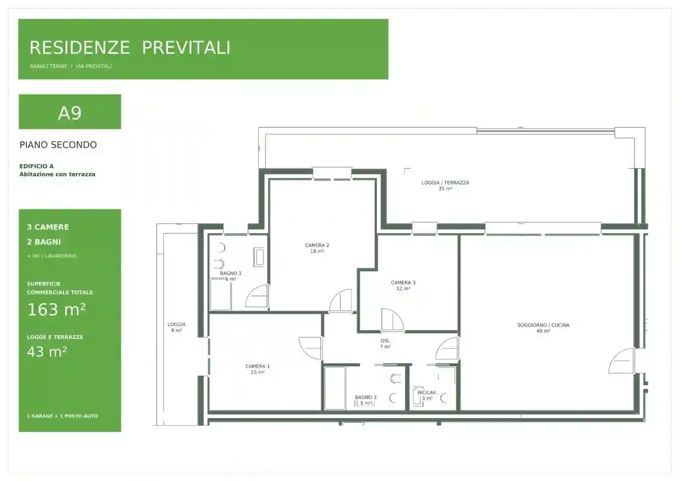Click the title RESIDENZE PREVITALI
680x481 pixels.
pyautogui.click(x=130, y=48)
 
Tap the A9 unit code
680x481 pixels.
pyautogui.click(x=70, y=113)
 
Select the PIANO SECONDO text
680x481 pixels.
pyautogui.click(x=58, y=145)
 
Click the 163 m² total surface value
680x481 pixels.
pyautogui.click(x=56, y=309)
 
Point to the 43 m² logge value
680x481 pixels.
pyautogui.click(x=47, y=352)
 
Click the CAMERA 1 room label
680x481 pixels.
pyautogui.click(x=257, y=366)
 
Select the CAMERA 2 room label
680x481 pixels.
pyautogui.click(x=317, y=245)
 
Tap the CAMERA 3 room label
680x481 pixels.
pyautogui.click(x=403, y=282)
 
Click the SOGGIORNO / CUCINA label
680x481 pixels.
pyautogui.click(x=544, y=325)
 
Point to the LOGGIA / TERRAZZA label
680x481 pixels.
pyautogui.click(x=446, y=182)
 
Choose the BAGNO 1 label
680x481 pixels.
pyautogui.click(x=231, y=273)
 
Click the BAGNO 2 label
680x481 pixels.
pyautogui.click(x=366, y=397)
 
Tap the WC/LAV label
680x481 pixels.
pyautogui.click(x=426, y=392)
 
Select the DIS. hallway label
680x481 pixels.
pyautogui.click(x=385, y=341)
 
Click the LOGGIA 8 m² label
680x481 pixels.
pyautogui.click(x=176, y=328)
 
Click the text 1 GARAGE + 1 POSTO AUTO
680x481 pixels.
pyautogui.click(x=62, y=416)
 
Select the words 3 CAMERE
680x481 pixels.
pyautogui.click(x=48, y=227)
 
